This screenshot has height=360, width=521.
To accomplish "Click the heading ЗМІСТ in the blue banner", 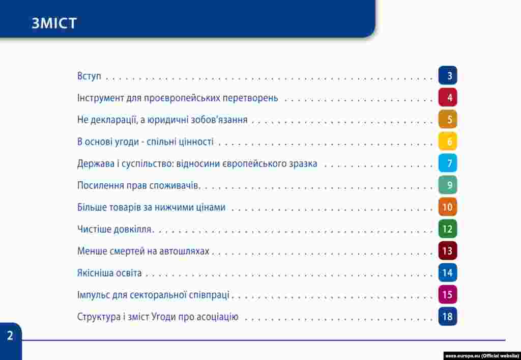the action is point(54,23).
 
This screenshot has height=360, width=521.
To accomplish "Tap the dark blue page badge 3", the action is point(448,75).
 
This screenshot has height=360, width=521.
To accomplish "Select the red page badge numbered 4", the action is point(448,97).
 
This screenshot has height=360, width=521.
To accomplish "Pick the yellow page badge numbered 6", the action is point(448,141).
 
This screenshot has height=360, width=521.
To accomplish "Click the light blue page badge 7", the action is point(448,163).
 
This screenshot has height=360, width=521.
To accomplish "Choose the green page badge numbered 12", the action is point(448,229).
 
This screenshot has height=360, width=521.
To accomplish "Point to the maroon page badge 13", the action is point(448,251).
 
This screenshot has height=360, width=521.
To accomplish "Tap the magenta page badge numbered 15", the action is point(448,294).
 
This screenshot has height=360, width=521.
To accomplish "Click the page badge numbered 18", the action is point(448,316).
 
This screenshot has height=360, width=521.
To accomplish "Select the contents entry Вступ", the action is point(89,76).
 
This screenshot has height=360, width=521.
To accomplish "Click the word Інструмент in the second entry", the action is point(100,98).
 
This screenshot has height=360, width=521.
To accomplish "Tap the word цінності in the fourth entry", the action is point(196,142).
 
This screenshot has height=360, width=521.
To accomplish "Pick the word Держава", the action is point(96,164).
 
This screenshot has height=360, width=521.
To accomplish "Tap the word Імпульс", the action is point(93,295).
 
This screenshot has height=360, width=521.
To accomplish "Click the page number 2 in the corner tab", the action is point(10,336).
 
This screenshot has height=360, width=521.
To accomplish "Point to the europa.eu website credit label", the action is point(482,356).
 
